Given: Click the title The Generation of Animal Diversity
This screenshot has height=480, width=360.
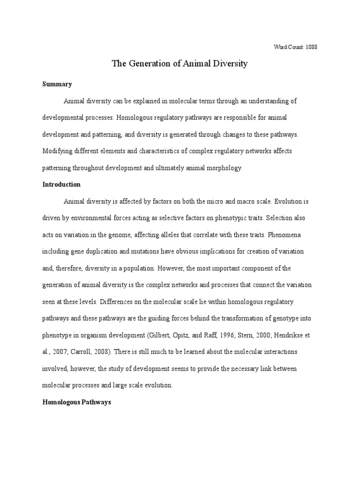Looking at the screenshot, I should (x=180, y=64).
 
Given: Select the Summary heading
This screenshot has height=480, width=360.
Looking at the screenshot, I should (x=57, y=84).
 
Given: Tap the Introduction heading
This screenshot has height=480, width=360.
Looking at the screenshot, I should (x=62, y=185).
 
